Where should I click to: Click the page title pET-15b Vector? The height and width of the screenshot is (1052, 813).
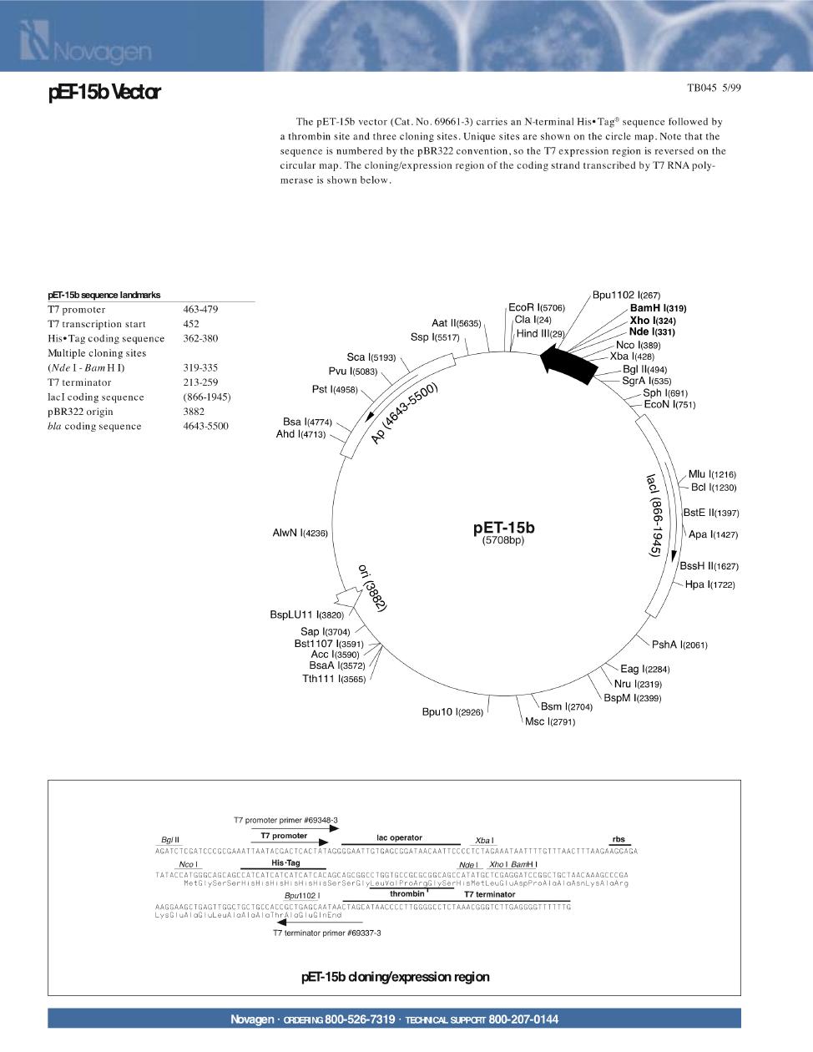(x=104, y=93)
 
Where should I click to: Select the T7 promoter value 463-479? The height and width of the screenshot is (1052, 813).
(x=200, y=310)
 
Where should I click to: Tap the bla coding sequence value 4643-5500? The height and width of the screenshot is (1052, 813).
(x=205, y=427)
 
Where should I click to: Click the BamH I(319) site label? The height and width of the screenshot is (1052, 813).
(x=658, y=308)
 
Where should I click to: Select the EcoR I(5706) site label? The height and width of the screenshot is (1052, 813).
(x=537, y=308)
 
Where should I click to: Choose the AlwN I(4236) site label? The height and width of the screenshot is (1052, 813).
(x=300, y=533)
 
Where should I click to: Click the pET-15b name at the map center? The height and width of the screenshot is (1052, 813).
(x=503, y=528)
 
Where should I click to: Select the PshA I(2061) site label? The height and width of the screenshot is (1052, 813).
(x=679, y=645)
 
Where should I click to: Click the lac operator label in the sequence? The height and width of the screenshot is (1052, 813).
(x=399, y=837)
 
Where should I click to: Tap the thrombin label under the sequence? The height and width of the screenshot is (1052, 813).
(x=407, y=894)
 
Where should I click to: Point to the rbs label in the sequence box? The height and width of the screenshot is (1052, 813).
(x=619, y=839)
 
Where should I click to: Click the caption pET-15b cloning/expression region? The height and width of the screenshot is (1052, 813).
(x=395, y=977)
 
